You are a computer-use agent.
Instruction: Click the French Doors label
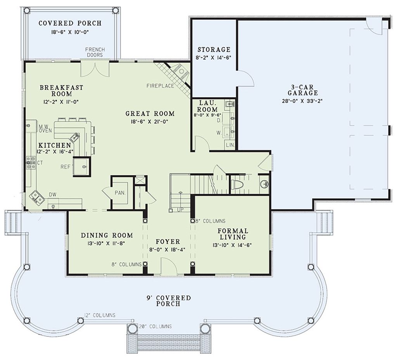coord(95,52)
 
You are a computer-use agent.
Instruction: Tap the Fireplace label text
coord(160,86)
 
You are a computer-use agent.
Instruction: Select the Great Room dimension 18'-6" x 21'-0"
coord(150,121)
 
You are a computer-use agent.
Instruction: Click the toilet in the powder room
coord(237,184)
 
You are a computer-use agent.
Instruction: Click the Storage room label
coord(214,50)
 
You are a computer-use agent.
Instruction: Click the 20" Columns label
coord(155,326)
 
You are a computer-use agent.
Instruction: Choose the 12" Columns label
coord(100,315)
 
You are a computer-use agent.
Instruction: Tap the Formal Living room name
coord(233,234)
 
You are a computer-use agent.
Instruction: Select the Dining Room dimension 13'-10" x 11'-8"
coord(107,244)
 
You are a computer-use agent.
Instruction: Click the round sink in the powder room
coord(264,184)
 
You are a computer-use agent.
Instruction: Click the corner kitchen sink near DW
coord(37,197)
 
